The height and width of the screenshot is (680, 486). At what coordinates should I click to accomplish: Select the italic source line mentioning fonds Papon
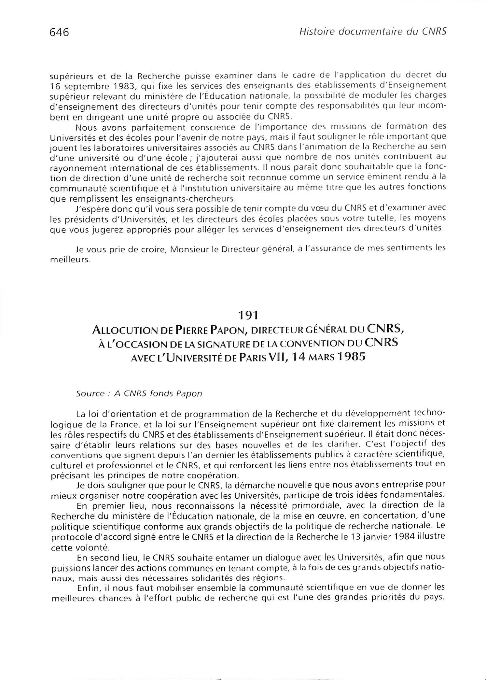point(139,393)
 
